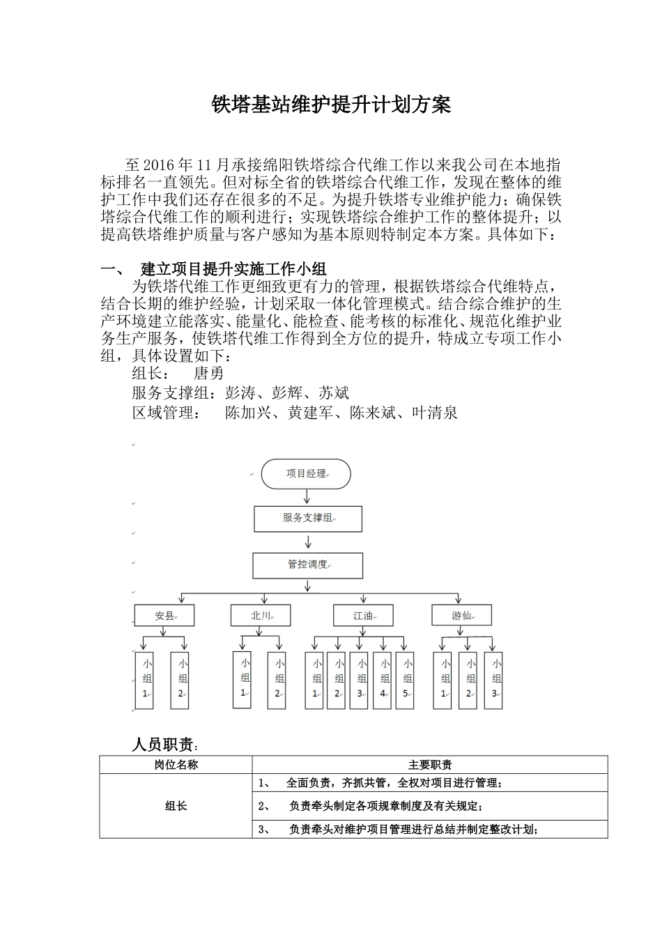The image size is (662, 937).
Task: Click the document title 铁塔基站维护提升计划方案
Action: tap(331, 105)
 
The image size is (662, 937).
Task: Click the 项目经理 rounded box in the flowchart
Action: tap(306, 474)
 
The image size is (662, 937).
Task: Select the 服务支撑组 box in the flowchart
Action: tap(308, 519)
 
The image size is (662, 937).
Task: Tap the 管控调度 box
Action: tap(308, 565)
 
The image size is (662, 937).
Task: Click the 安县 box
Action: tap(164, 616)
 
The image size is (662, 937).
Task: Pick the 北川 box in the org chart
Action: tap(261, 616)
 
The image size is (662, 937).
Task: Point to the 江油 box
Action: tap(363, 616)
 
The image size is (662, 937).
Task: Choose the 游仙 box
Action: tap(461, 616)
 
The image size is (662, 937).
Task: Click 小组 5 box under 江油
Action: tap(406, 680)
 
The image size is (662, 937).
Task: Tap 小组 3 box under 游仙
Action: tap(495, 680)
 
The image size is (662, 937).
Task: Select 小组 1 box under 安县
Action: tap(145, 680)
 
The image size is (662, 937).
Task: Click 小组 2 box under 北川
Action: tap(277, 680)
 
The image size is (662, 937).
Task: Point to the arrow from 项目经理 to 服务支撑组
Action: tap(306, 497)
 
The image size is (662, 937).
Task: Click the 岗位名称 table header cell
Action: tap(176, 765)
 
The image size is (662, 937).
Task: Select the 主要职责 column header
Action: tap(430, 765)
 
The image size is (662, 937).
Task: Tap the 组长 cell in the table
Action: tap(176, 806)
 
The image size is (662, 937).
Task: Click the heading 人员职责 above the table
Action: tap(164, 744)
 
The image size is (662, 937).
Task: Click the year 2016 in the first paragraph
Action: tap(159, 166)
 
